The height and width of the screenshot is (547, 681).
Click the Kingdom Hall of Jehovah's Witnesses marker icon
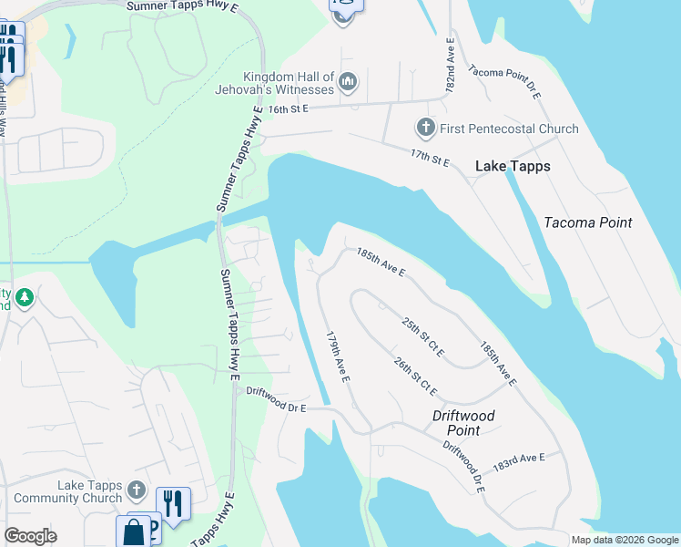(347, 85)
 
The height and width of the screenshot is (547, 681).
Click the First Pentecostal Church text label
(508, 129)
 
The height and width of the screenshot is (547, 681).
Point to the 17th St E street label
(430, 158)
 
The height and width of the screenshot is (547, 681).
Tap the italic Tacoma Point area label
(587, 222)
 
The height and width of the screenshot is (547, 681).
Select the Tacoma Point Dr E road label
(504, 82)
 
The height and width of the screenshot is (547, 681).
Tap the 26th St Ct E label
(415, 376)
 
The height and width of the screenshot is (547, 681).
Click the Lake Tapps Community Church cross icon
(137, 490)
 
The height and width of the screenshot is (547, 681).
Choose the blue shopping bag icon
(133, 532)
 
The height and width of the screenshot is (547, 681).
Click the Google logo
(31, 536)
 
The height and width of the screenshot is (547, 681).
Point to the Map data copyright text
(625, 540)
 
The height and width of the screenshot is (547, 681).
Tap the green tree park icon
(25, 297)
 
